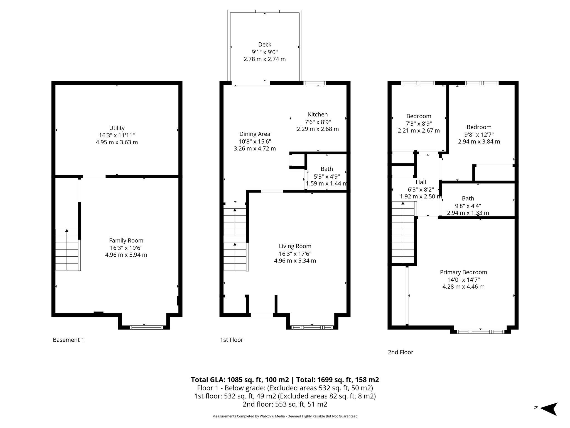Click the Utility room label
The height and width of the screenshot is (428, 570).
117,128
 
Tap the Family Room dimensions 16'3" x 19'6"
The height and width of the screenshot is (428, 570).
126,248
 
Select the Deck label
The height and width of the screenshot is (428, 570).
264,44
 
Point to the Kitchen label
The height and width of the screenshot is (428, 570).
318,114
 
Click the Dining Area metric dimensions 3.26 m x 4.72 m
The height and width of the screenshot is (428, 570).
255,149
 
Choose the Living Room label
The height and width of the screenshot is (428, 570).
295,246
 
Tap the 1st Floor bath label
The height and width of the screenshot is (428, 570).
326,169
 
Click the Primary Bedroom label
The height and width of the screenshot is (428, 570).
463,272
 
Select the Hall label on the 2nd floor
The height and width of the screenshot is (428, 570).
421,182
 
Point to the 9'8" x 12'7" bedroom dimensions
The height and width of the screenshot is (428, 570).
479,134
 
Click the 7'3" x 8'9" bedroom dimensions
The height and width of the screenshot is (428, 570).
419,123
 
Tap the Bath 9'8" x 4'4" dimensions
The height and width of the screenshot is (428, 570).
468,206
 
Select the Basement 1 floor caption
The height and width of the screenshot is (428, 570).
68,340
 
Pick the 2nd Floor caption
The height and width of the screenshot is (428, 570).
401,352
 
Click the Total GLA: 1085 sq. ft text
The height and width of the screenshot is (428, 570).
240,380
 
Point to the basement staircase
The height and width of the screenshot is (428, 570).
67,249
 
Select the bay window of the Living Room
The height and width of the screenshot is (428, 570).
312,327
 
